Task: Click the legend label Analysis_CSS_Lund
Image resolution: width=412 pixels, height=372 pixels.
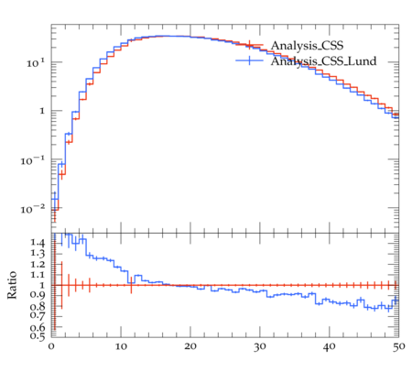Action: pyautogui.click(x=323, y=61)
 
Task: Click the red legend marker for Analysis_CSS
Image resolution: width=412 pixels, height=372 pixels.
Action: pyautogui.click(x=249, y=45)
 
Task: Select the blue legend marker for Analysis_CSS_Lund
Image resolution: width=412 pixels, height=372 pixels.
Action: pyautogui.click(x=249, y=60)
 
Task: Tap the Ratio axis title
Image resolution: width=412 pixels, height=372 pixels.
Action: pyautogui.click(x=12, y=285)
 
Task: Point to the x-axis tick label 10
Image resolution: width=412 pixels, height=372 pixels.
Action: pyautogui.click(x=121, y=347)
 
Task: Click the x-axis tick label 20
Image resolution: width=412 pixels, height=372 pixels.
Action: pyautogui.click(x=190, y=347)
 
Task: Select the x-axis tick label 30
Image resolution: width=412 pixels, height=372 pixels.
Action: pyautogui.click(x=260, y=347)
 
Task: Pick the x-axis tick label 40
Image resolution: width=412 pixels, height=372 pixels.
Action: pyautogui.click(x=330, y=347)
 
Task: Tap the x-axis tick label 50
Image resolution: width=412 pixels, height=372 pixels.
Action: pyautogui.click(x=398, y=347)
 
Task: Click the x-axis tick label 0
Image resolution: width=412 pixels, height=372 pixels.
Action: pyautogui.click(x=51, y=347)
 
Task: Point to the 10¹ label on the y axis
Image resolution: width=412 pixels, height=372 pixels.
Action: pyautogui.click(x=36, y=63)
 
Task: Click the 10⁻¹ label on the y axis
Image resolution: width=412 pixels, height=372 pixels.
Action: pyautogui.click(x=33, y=160)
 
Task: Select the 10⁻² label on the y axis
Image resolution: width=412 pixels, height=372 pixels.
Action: pyautogui.click(x=33, y=209)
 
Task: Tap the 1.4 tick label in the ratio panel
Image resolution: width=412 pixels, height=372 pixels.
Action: pyautogui.click(x=38, y=243)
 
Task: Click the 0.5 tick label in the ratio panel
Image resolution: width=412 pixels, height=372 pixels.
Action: pyautogui.click(x=38, y=336)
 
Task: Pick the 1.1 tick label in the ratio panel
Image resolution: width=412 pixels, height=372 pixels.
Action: pyautogui.click(x=38, y=275)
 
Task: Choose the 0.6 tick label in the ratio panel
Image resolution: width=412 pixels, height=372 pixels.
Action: pyautogui.click(x=38, y=327)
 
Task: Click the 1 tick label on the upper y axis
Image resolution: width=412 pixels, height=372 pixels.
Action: pyautogui.click(x=42, y=111)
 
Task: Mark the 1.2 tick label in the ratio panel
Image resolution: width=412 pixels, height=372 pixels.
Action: pyautogui.click(x=38, y=264)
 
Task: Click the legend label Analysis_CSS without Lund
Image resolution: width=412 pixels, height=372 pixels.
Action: pyautogui.click(x=307, y=46)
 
